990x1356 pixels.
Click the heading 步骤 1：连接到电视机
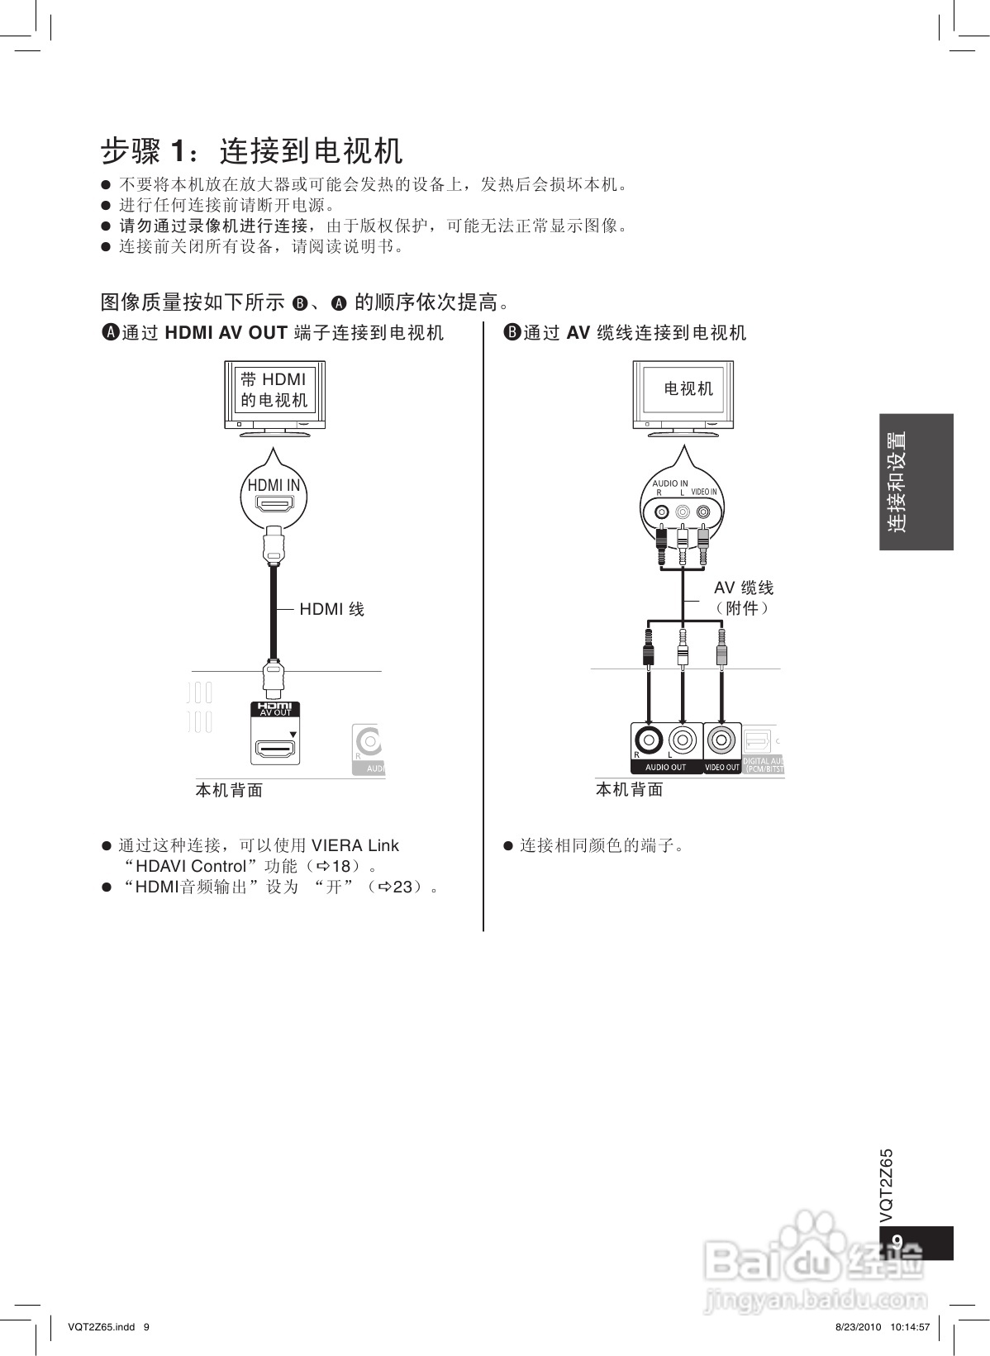coord(252,151)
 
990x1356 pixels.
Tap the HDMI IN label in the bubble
coord(274,485)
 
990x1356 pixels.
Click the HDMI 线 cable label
coord(331,610)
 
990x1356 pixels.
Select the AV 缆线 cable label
coord(744,588)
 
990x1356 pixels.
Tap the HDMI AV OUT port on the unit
coord(276,749)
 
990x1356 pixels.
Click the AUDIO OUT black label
coord(665,767)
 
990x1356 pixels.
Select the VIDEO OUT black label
coord(721,767)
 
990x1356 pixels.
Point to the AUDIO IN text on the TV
coord(669,483)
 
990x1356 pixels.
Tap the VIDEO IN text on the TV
coord(704,492)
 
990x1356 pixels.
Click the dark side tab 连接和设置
coord(916,482)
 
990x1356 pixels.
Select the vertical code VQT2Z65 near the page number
coord(887,1186)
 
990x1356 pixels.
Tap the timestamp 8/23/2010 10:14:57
coord(878,1327)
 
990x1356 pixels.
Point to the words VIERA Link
coord(355,845)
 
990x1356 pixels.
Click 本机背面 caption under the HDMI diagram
coord(229,791)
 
